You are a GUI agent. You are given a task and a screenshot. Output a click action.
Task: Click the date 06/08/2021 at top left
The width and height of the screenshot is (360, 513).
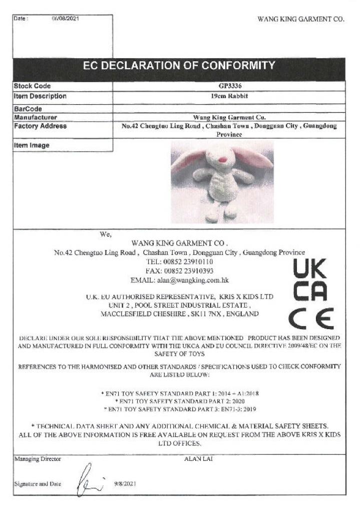65,19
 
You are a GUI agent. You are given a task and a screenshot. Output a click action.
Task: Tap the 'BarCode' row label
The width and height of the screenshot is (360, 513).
28,109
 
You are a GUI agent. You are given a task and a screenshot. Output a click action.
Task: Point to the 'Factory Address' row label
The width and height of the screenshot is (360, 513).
40,126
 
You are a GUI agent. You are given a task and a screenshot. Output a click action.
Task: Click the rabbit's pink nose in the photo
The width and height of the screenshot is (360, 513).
224,159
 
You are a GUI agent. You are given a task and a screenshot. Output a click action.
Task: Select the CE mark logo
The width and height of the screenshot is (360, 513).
310,319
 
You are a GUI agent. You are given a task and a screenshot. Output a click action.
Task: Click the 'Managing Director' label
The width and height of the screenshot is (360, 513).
37,459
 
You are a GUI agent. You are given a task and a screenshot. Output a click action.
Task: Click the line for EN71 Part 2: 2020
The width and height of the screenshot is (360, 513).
180,401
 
